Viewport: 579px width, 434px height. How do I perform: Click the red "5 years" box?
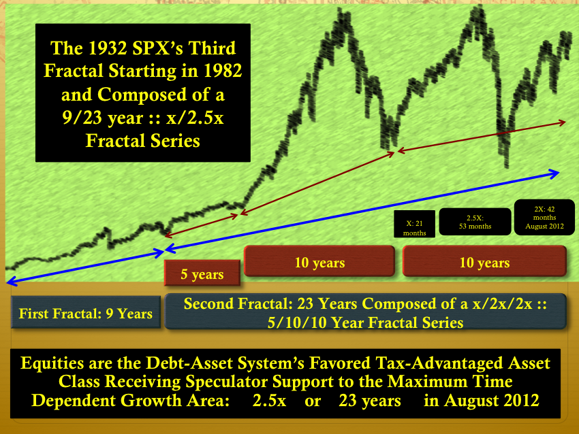point(202,273)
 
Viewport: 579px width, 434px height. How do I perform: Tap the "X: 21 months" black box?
point(414,224)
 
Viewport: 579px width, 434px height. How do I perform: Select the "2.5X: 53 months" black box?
point(475,222)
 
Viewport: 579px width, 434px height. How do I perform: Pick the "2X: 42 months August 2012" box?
point(544,217)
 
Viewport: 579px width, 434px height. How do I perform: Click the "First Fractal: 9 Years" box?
point(86,313)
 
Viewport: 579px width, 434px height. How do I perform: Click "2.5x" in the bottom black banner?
point(269,401)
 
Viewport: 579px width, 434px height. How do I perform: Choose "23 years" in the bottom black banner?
point(370,401)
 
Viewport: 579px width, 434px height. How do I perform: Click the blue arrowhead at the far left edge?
point(11,282)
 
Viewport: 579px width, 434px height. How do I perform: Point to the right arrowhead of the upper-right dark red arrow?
point(562,122)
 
